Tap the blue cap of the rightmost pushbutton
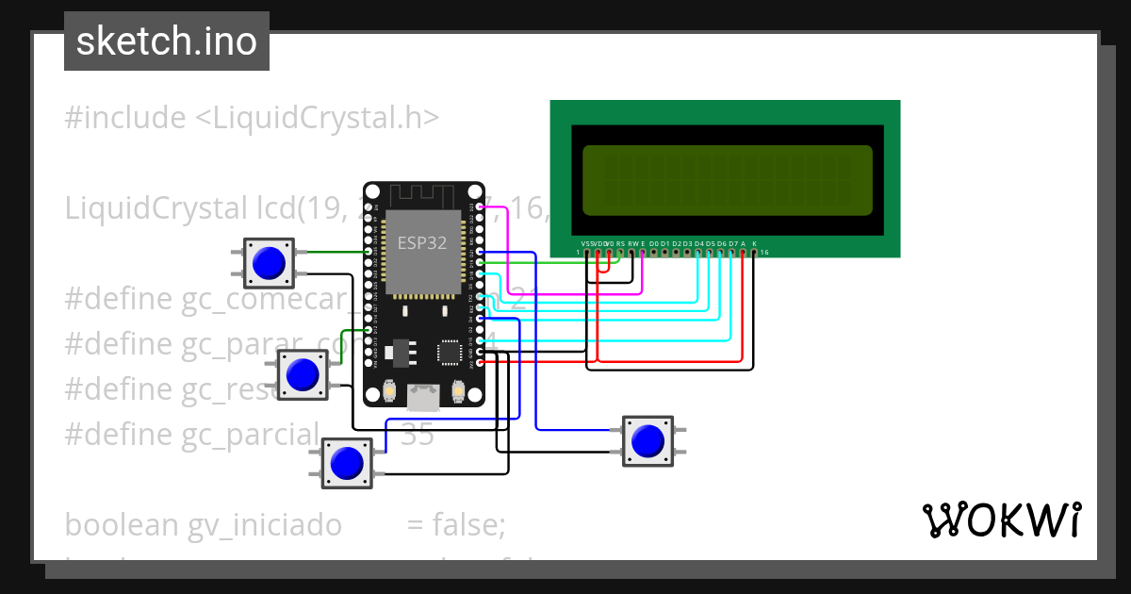[x=647, y=440]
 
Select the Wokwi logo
[x=1001, y=520]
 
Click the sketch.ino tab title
[x=167, y=41]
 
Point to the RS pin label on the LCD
[x=620, y=243]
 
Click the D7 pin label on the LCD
[x=732, y=243]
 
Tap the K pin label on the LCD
[x=754, y=243]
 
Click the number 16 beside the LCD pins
[x=764, y=253]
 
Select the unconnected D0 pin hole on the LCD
[x=653, y=253]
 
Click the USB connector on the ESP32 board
[x=424, y=398]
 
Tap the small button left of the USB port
[x=389, y=391]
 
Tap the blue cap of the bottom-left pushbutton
[x=347, y=462]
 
